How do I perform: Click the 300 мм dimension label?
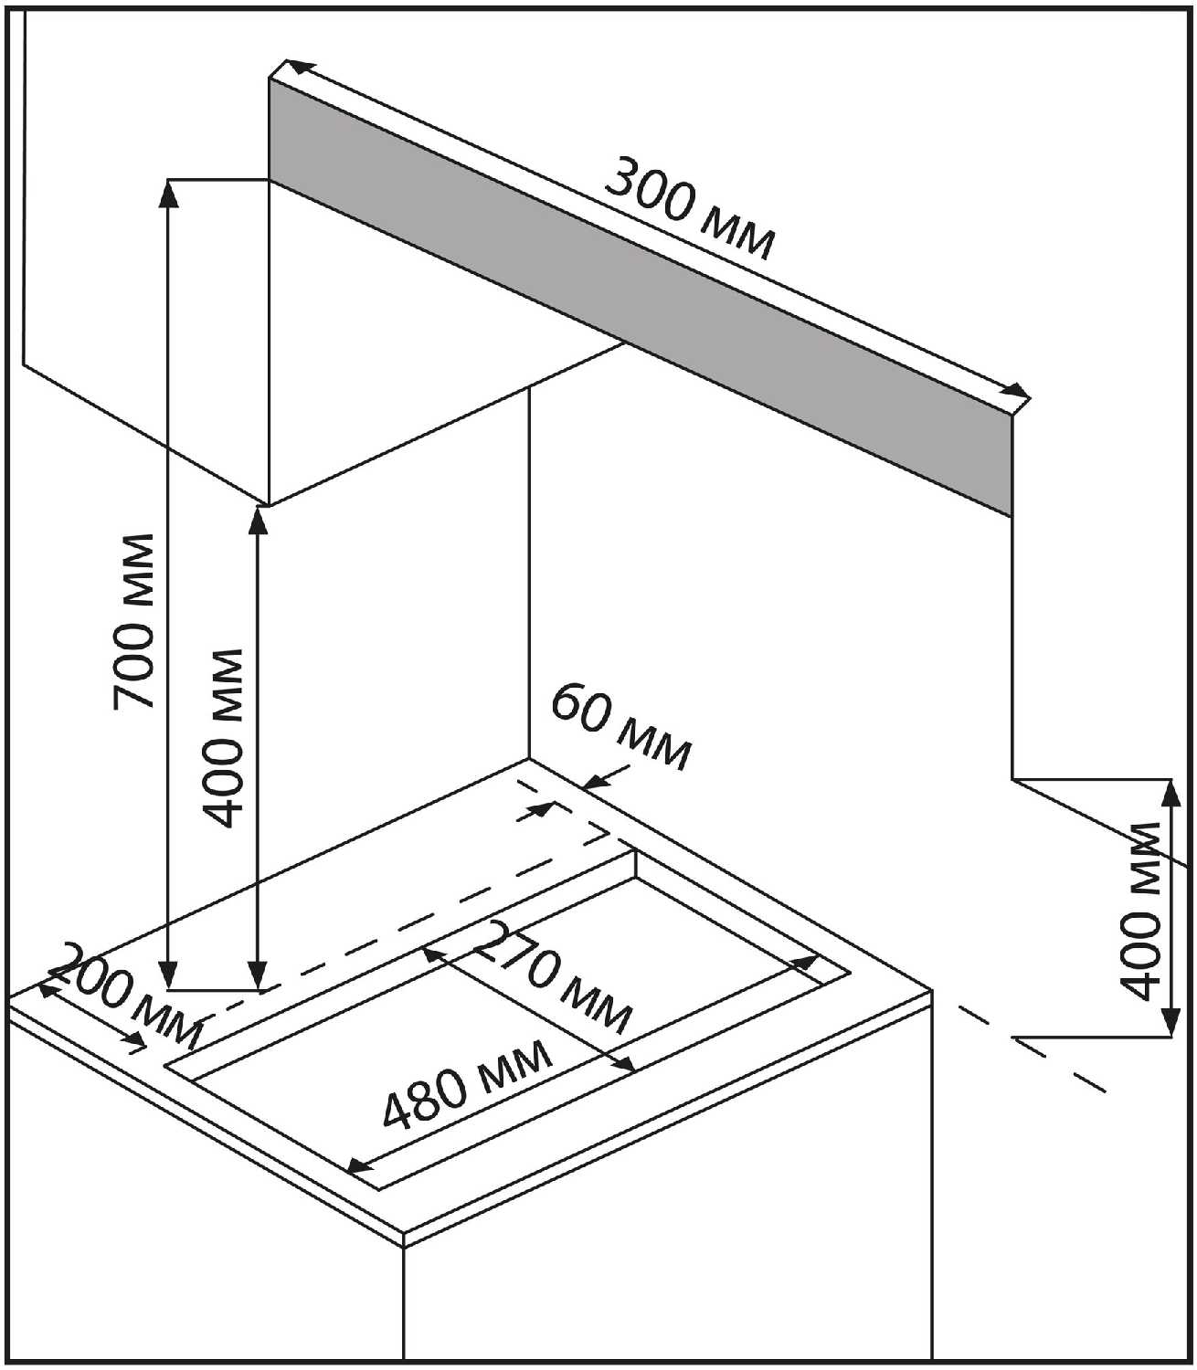[690, 209]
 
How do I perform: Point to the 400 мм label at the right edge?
[1142, 911]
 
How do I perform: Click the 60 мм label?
[621, 728]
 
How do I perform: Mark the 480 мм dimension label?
[467, 1084]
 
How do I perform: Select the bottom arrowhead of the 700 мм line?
[167, 976]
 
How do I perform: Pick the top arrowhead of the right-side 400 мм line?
[1169, 790]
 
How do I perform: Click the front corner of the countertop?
[404, 1238]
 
